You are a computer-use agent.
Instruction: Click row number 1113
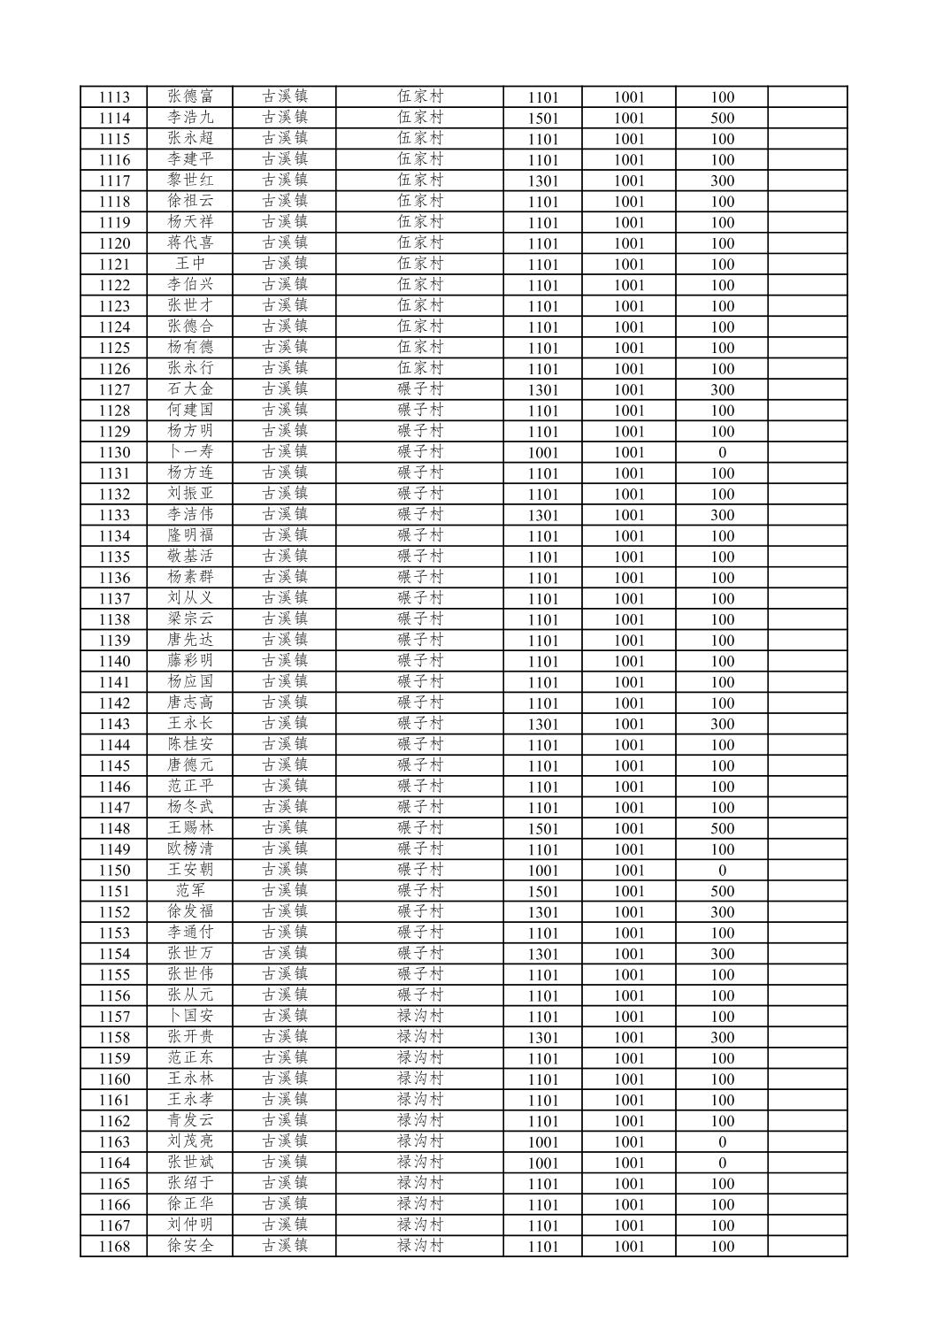[x=114, y=97]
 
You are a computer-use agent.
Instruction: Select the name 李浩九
[x=190, y=118]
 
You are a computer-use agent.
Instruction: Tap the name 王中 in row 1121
[x=190, y=264]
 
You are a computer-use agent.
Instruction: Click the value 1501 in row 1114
[x=542, y=119]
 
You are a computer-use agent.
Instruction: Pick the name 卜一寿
[x=190, y=452]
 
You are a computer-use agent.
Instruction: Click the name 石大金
[x=190, y=389]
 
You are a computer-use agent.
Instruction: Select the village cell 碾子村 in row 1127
[x=419, y=389]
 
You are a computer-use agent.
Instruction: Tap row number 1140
[x=114, y=661]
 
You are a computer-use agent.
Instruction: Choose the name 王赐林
[x=190, y=828]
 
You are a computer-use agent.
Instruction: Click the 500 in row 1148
[x=722, y=829]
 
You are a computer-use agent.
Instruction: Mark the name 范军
[x=190, y=891]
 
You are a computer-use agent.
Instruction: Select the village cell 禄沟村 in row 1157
[x=419, y=1016]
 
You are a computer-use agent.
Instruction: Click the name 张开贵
[x=190, y=1037]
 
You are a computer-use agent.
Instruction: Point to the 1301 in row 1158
[x=542, y=1038]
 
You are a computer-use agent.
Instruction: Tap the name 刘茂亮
[x=190, y=1141]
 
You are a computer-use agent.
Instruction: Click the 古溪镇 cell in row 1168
[x=284, y=1246]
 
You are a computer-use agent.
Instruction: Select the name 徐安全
[x=190, y=1246]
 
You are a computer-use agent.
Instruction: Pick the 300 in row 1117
[x=722, y=181]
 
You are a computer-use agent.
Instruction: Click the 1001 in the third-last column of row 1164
[x=629, y=1164]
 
